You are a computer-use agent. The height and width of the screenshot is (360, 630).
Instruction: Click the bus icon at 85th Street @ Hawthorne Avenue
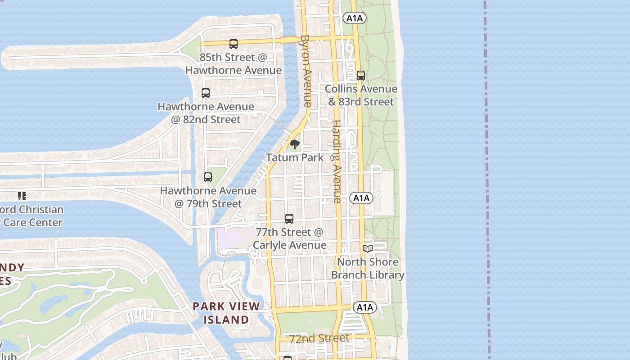point(233,44)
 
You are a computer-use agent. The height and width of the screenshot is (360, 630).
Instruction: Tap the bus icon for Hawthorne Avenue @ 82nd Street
point(206,93)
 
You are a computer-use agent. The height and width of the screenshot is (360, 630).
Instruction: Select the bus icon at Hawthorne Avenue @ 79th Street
point(207,177)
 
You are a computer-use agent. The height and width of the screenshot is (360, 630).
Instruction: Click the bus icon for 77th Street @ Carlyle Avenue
point(289,219)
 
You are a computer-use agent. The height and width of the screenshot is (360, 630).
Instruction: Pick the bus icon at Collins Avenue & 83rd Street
point(360,76)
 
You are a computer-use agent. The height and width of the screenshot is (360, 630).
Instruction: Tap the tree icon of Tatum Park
point(295,144)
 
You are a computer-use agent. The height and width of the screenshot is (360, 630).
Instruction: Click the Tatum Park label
point(295,157)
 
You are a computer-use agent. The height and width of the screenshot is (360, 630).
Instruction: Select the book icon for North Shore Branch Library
point(368,248)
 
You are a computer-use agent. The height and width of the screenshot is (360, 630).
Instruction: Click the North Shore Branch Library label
point(368,268)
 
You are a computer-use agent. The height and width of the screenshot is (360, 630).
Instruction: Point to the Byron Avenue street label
point(306,71)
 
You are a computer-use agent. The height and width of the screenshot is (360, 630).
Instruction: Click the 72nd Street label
point(319,338)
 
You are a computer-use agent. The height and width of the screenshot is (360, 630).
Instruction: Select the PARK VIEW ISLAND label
point(226,313)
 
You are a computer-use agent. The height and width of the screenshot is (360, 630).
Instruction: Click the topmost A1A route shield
point(354,18)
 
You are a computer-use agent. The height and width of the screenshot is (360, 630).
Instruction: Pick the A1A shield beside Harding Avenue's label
point(361,198)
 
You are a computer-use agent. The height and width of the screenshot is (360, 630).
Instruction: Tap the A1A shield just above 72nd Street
point(364,307)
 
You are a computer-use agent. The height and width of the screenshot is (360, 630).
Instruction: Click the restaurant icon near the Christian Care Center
point(22,196)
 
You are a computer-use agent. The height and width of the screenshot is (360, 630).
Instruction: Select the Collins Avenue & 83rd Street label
point(361,95)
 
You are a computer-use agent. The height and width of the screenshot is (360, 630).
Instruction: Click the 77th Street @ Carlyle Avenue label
point(289,238)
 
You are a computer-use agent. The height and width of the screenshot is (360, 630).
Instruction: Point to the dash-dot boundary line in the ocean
point(487,180)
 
